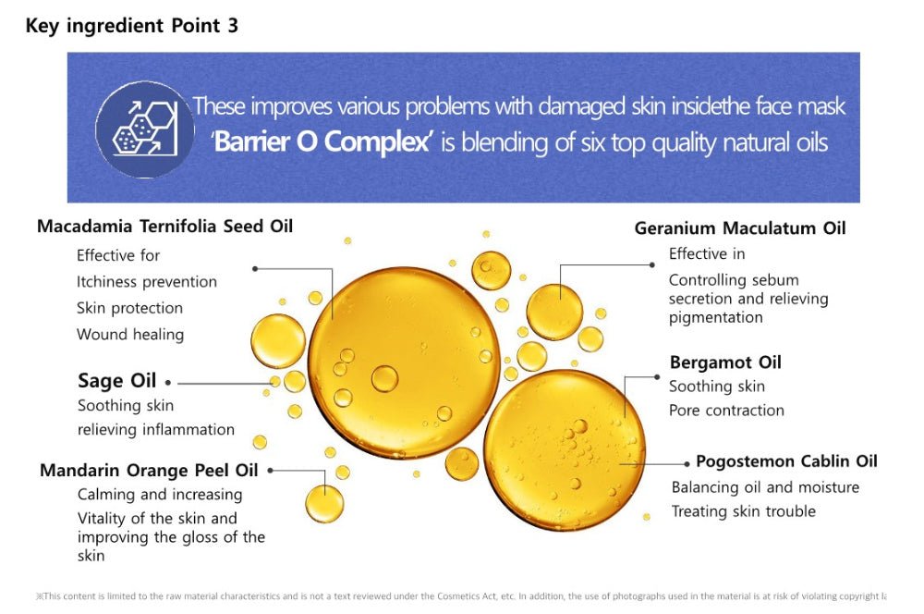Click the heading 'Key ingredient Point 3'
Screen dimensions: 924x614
(131, 25)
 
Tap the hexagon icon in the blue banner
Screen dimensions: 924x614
(145, 129)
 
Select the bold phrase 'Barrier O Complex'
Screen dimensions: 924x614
(322, 141)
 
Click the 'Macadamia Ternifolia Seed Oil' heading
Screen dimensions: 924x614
(164, 226)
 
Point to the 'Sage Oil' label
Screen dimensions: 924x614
(116, 380)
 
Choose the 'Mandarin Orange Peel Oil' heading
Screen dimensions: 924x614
(149, 470)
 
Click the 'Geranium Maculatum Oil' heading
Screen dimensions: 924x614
(739, 227)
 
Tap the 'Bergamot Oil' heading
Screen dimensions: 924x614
(725, 362)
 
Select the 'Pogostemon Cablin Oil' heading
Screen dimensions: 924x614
(786, 460)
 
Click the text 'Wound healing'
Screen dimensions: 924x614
(130, 335)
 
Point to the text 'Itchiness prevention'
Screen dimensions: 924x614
(147, 282)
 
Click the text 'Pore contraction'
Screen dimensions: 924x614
(726, 410)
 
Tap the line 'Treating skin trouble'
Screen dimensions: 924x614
(744, 510)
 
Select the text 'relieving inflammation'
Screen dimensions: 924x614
(156, 429)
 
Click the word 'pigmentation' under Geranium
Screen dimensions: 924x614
(716, 318)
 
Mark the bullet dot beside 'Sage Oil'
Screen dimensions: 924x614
(168, 383)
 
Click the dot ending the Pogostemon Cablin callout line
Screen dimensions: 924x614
(687, 464)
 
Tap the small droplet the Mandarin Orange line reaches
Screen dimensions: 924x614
(324, 503)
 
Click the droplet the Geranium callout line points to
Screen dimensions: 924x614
(554, 312)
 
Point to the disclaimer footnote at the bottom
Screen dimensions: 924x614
(461, 596)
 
